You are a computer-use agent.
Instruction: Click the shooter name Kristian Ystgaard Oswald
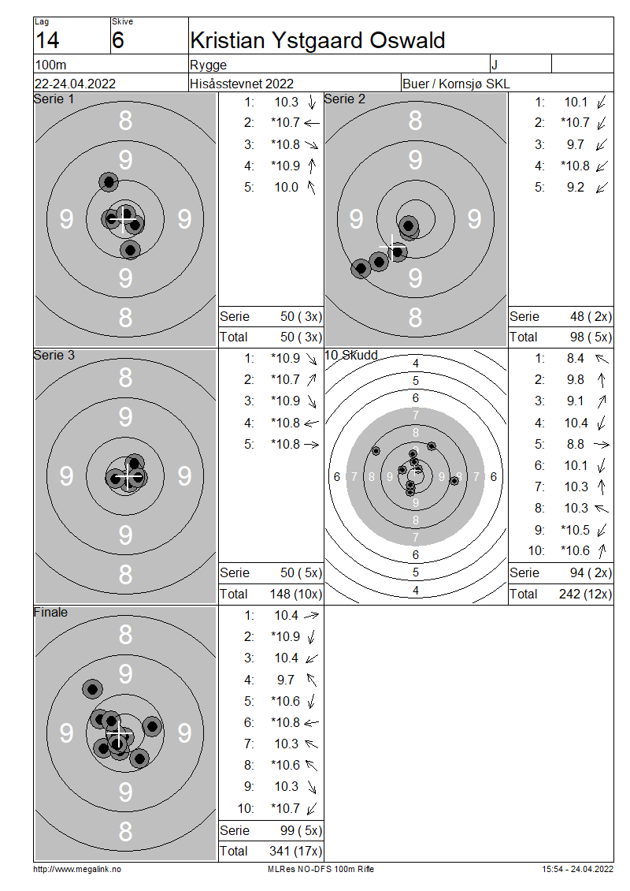click(x=317, y=40)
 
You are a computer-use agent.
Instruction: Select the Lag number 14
click(x=47, y=40)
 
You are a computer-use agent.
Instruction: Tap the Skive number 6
click(x=117, y=40)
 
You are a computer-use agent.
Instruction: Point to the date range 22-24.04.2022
click(x=75, y=84)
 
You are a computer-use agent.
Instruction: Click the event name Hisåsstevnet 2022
click(x=242, y=84)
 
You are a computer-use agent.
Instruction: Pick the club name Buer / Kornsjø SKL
click(x=456, y=84)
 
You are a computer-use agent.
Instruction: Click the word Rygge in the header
click(x=209, y=65)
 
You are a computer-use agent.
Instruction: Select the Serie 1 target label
click(x=54, y=99)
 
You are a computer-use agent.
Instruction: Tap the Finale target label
click(x=50, y=612)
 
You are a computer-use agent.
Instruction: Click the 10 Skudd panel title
click(x=350, y=355)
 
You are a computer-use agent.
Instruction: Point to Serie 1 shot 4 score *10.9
click(x=286, y=166)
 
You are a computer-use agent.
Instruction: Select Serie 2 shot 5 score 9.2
click(x=576, y=188)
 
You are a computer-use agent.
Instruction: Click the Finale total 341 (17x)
click(x=295, y=852)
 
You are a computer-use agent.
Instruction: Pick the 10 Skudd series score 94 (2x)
click(x=591, y=572)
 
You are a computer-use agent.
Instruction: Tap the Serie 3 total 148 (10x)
click(x=295, y=595)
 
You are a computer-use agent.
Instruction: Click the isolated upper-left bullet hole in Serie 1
click(x=109, y=182)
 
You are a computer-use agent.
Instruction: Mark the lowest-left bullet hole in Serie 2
click(x=361, y=268)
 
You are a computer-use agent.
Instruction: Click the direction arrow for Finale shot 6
click(x=312, y=723)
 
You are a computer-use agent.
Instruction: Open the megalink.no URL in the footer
click(x=77, y=870)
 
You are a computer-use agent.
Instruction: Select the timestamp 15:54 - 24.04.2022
click(x=577, y=870)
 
